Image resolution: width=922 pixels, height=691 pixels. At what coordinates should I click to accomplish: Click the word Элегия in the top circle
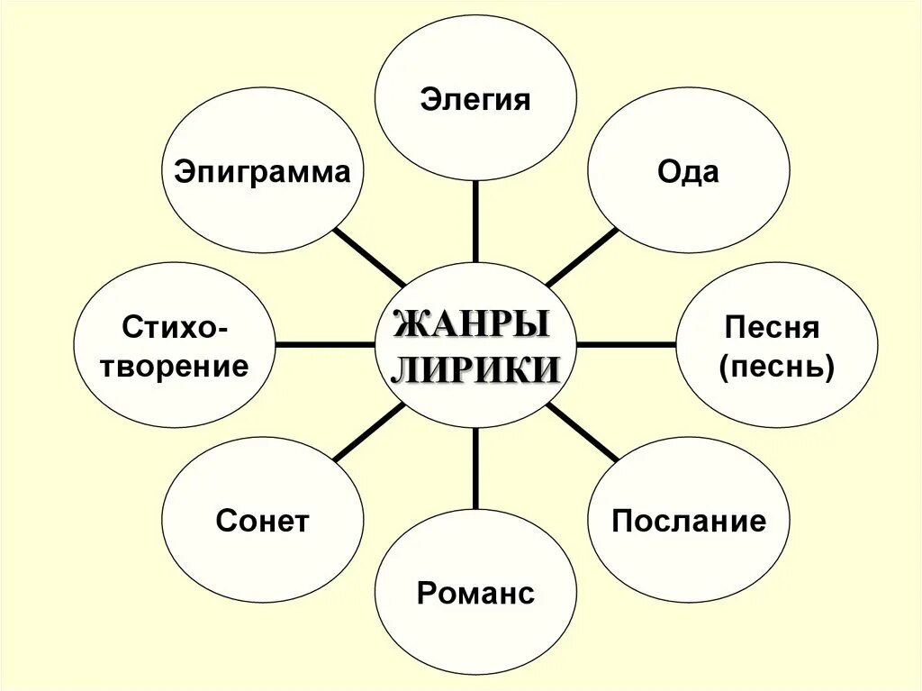475,99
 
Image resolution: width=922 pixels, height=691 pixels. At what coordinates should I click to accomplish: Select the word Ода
688,171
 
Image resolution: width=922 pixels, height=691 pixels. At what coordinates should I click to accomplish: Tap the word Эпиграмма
262,171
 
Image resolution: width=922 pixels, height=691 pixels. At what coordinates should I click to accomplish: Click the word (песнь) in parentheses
777,366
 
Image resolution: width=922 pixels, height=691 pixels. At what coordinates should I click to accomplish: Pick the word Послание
689,521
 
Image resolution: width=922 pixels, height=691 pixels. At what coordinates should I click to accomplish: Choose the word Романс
475,593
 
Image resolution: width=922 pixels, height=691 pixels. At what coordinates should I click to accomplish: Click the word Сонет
262,521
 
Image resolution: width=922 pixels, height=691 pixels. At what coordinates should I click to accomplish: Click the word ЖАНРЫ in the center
473,323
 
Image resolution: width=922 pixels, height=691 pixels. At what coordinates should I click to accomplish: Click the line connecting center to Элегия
475,221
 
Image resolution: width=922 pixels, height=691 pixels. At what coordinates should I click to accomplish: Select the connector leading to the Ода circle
582,257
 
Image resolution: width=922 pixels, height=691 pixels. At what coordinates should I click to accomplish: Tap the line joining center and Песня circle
626,344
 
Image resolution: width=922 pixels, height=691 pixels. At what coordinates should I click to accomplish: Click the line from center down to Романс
475,468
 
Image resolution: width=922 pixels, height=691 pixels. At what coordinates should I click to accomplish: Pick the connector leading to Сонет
369,432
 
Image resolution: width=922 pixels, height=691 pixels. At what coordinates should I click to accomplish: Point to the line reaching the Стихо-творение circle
324,344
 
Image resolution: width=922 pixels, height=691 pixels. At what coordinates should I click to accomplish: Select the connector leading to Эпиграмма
369,257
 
